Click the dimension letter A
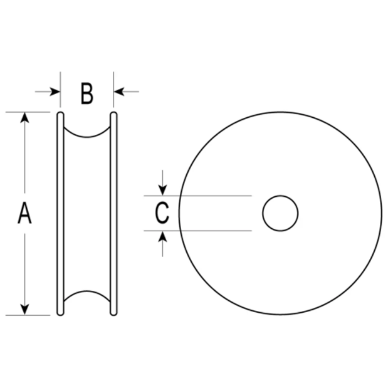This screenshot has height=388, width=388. point(24,213)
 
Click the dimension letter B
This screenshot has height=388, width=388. point(87,93)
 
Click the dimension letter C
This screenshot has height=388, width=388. point(162,213)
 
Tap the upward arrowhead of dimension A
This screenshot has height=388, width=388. point(24,118)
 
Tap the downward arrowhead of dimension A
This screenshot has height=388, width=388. point(24,310)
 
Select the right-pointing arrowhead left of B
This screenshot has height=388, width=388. point(55,92)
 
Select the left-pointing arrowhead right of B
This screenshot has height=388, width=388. point(119,92)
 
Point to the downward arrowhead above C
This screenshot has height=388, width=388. point(162,191)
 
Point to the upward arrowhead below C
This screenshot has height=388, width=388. point(162,236)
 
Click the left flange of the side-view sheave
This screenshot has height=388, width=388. point(60,214)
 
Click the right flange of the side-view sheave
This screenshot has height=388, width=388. point(113,214)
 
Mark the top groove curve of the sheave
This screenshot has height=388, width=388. point(87,137)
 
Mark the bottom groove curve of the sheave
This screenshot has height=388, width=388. point(87,291)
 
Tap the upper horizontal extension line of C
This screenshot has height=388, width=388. point(197,196)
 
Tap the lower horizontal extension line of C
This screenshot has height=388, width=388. point(197,231)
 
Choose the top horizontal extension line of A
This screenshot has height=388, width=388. point(28,112)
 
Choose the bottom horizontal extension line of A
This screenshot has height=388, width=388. point(28,315)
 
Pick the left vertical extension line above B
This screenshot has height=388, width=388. point(60,90)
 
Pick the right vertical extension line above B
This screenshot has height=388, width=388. point(113,90)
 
